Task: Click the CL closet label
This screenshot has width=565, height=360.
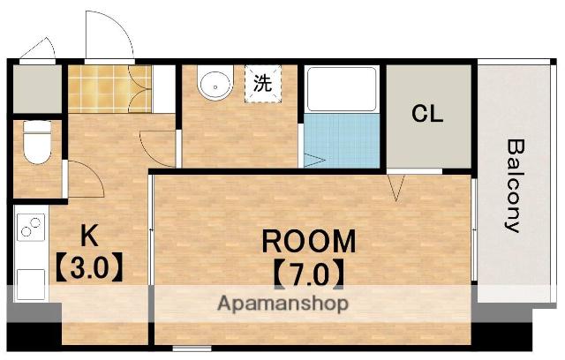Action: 428,114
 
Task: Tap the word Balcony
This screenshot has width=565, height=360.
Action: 513,184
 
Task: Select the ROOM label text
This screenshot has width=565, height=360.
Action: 307,240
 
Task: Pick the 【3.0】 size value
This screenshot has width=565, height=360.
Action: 88,266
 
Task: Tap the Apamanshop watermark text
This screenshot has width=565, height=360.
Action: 282,304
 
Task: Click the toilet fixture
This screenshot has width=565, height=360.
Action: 36,141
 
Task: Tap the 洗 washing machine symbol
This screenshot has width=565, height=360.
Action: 262,85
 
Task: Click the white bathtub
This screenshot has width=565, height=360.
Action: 342,88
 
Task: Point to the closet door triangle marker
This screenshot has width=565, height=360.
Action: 396,184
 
